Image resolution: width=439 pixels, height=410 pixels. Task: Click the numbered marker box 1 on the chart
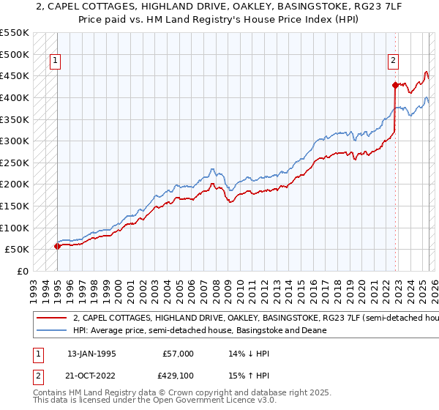pyautogui.click(x=56, y=61)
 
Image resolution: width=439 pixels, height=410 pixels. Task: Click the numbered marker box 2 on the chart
pyautogui.click(x=394, y=61)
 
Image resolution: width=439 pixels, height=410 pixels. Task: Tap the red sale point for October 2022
pyautogui.click(x=394, y=85)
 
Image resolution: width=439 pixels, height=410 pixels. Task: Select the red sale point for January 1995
pyautogui.click(x=58, y=247)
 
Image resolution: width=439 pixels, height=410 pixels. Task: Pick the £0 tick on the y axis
pyautogui.click(x=23, y=271)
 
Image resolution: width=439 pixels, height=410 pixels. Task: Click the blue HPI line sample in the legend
pyautogui.click(x=52, y=330)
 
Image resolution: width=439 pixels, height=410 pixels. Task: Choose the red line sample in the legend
pyautogui.click(x=52, y=319)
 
